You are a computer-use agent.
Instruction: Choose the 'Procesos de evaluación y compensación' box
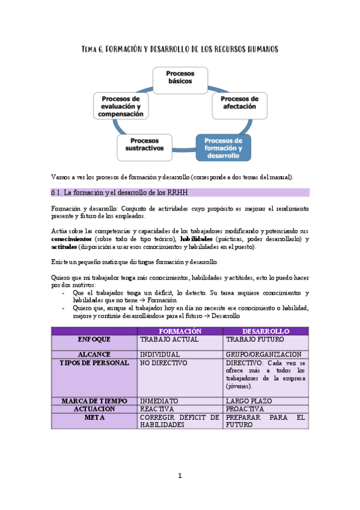point(122,106)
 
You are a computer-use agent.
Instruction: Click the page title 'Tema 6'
point(180,49)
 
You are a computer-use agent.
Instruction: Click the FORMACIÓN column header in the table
point(180,331)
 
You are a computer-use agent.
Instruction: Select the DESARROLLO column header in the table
point(266,331)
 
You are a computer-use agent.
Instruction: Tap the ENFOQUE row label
point(94,339)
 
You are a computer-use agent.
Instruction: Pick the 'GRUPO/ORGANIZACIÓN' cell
point(264,355)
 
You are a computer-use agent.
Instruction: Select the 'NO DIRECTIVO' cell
point(163,363)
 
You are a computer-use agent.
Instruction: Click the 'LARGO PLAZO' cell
point(249,401)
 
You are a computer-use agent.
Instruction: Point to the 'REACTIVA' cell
point(158,409)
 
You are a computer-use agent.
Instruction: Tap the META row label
point(94,417)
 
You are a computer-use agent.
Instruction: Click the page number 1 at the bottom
point(180,476)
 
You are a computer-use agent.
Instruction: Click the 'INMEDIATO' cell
point(159,401)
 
